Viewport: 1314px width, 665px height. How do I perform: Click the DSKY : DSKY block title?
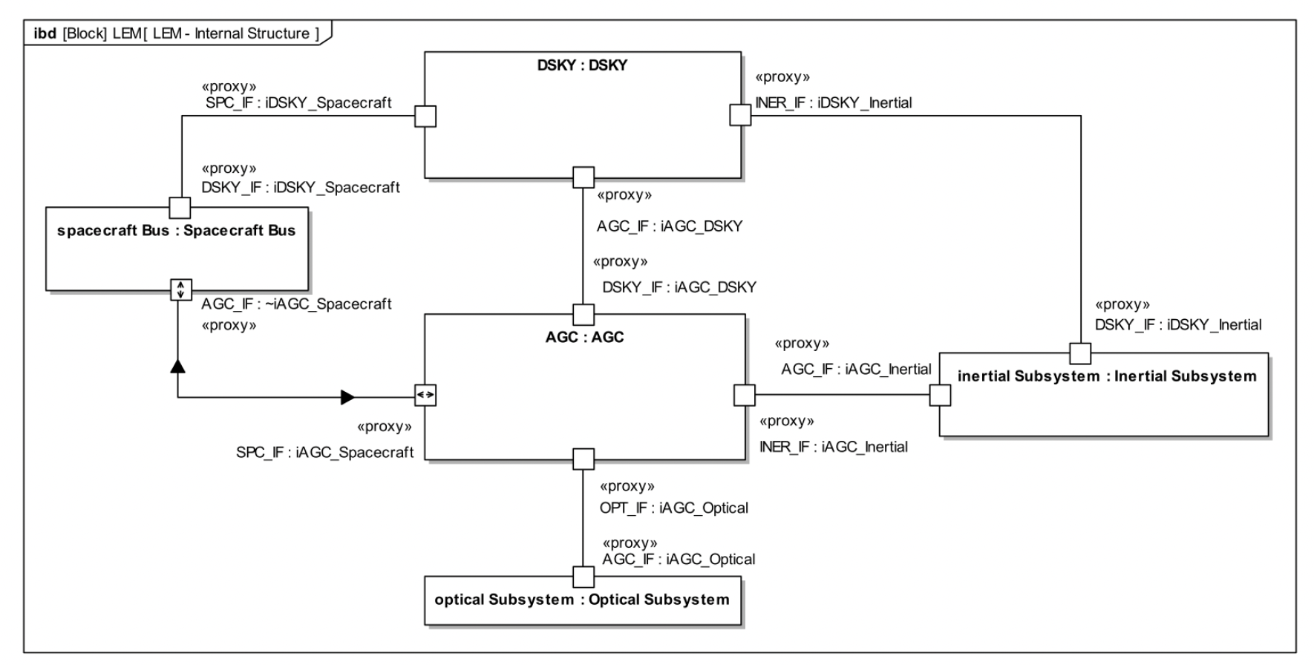click(582, 65)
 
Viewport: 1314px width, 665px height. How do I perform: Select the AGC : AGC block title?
click(584, 337)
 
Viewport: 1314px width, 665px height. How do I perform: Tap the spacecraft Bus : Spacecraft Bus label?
click(176, 231)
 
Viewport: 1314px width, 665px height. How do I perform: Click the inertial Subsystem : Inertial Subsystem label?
click(1106, 376)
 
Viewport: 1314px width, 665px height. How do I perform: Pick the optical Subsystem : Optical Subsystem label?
click(582, 600)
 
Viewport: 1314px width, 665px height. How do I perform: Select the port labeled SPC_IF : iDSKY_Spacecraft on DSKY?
click(425, 117)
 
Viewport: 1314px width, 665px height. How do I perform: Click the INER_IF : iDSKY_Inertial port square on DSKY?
click(740, 115)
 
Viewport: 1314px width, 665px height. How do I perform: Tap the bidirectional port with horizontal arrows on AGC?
click(425, 395)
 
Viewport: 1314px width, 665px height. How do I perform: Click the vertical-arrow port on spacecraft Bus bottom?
click(180, 289)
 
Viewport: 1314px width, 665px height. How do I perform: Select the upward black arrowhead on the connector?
click(177, 365)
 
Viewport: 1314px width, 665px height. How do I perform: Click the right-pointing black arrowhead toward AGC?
click(347, 397)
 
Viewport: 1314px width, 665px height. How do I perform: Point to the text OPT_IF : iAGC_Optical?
click(673, 508)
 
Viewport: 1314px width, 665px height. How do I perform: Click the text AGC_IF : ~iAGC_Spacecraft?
click(296, 304)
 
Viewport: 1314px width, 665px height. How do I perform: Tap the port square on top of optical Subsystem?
click(584, 577)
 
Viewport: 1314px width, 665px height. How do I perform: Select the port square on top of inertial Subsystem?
click(1080, 353)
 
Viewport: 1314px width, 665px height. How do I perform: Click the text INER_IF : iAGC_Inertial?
click(833, 447)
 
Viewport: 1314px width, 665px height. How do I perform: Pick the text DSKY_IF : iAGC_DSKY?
click(679, 287)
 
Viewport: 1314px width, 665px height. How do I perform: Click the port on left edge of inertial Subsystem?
click(940, 395)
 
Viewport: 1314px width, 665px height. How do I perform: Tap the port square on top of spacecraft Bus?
click(180, 207)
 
